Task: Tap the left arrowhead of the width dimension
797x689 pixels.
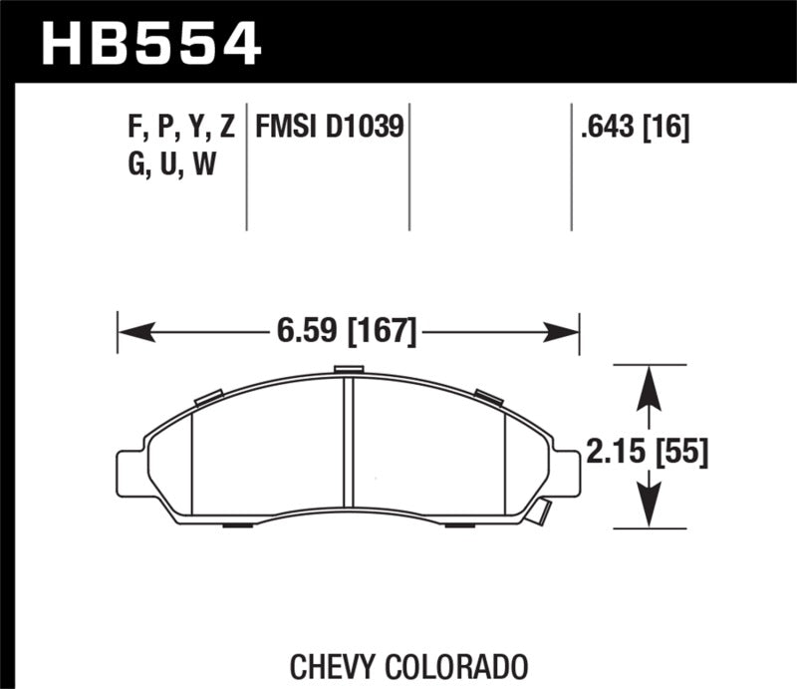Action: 130,330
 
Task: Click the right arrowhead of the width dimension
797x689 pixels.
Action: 568,330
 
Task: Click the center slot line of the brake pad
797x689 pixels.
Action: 349,447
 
